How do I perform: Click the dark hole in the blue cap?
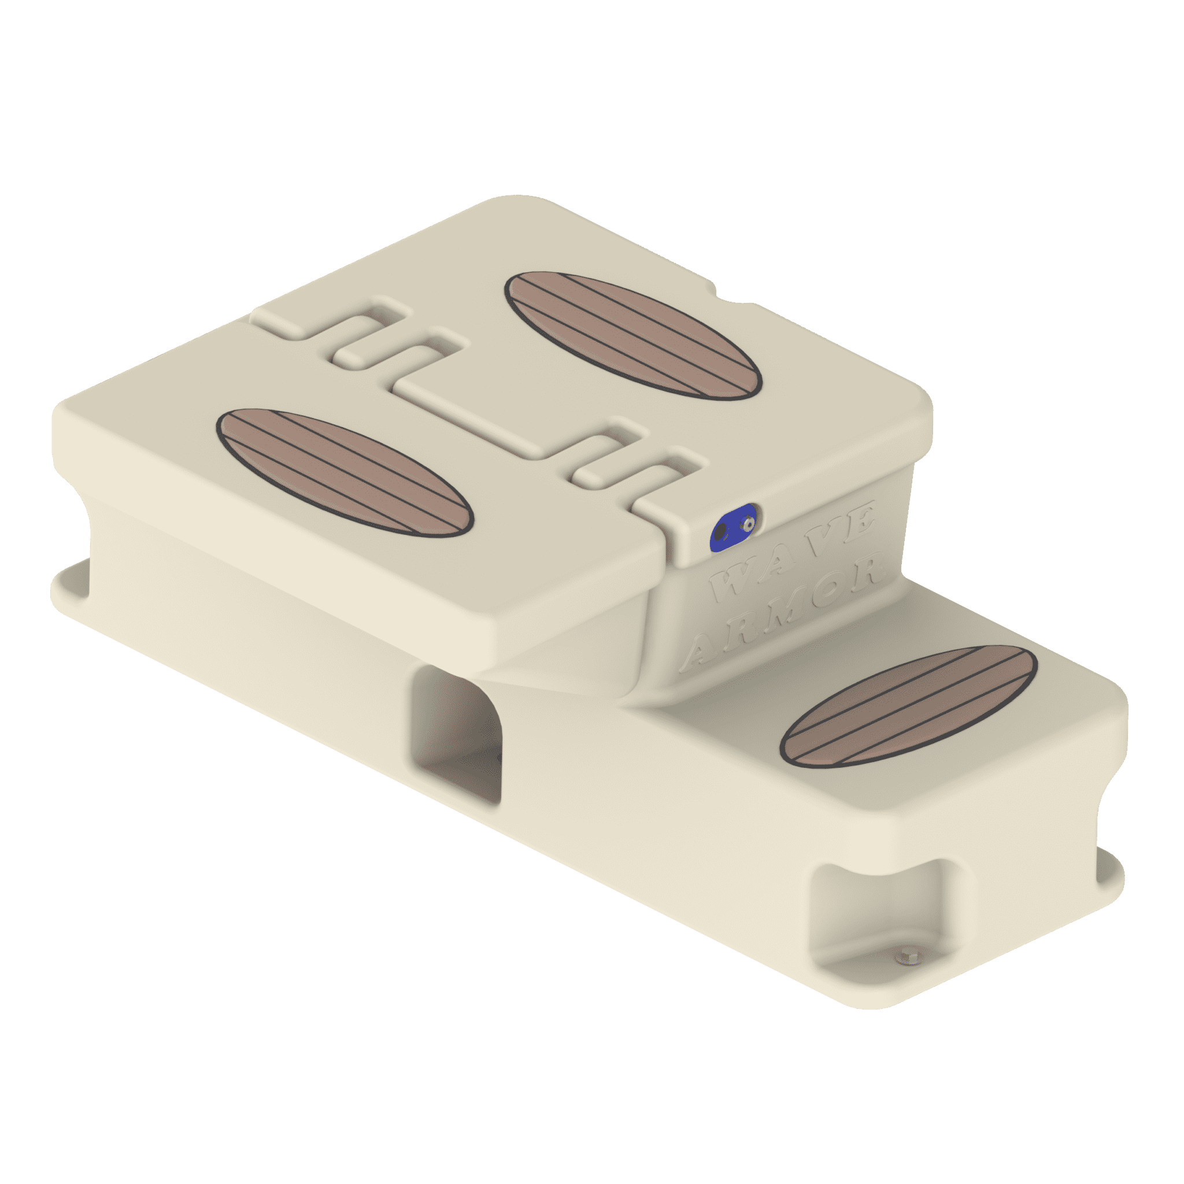[x=722, y=531]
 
